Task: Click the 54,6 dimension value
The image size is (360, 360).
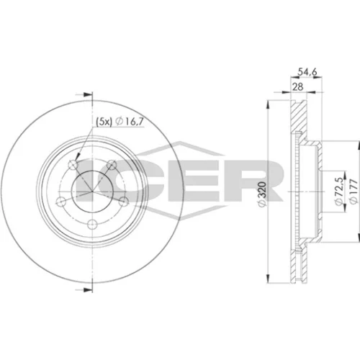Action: (307, 71)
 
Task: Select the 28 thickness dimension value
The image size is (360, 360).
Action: (298, 86)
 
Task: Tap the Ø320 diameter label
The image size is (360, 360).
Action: (262, 194)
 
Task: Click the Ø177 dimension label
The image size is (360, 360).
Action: (354, 192)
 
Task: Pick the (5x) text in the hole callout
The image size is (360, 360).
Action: (104, 122)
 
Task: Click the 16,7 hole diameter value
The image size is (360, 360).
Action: (134, 122)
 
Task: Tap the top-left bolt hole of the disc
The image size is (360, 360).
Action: (73, 165)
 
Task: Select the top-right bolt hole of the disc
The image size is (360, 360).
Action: (111, 165)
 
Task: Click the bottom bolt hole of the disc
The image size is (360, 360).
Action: (92, 225)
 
